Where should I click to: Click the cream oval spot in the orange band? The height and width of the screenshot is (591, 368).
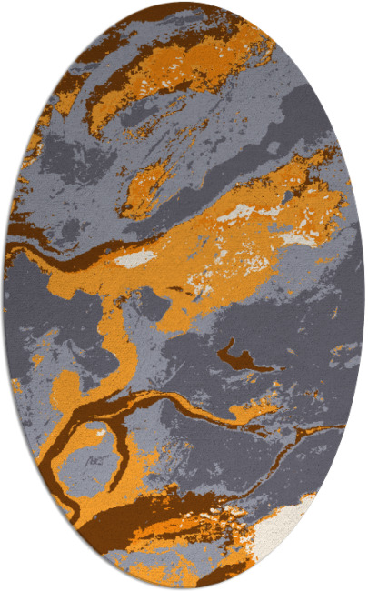tap(136, 259)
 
